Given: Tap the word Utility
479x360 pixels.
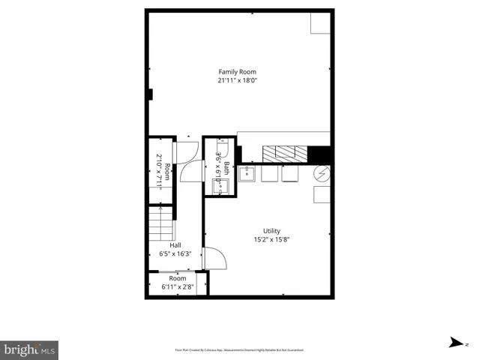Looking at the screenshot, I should click(271, 231).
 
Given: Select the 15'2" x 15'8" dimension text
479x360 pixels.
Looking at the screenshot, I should click(271, 240).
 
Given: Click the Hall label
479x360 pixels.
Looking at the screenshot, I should click(175, 245).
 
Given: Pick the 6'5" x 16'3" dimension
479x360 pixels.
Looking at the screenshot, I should click(175, 253).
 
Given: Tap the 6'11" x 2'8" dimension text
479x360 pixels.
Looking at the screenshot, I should click(178, 286).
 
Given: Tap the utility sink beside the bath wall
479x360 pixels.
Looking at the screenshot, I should click(248, 174).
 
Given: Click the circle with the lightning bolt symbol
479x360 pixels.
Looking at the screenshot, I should click(321, 174).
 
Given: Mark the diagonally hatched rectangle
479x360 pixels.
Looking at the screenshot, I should click(285, 152).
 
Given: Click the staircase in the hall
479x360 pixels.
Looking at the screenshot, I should click(159, 223).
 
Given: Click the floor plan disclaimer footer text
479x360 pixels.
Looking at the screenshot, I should click(239, 350).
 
